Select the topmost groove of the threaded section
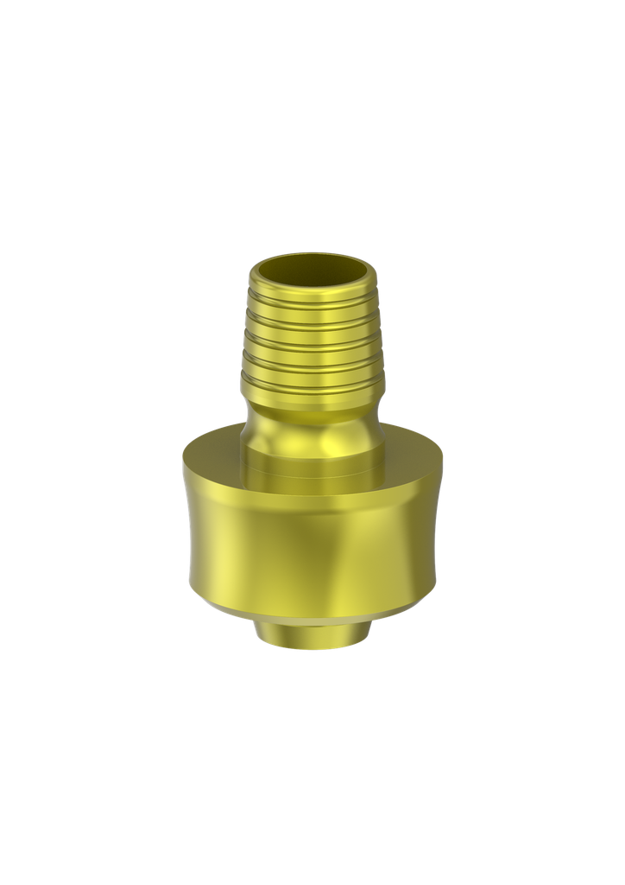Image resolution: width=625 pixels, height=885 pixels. click(312, 300)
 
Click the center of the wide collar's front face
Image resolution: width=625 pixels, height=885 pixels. click(312, 544)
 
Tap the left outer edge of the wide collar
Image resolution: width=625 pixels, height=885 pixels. click(186, 536)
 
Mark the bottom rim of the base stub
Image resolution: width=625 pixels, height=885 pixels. click(312, 649)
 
